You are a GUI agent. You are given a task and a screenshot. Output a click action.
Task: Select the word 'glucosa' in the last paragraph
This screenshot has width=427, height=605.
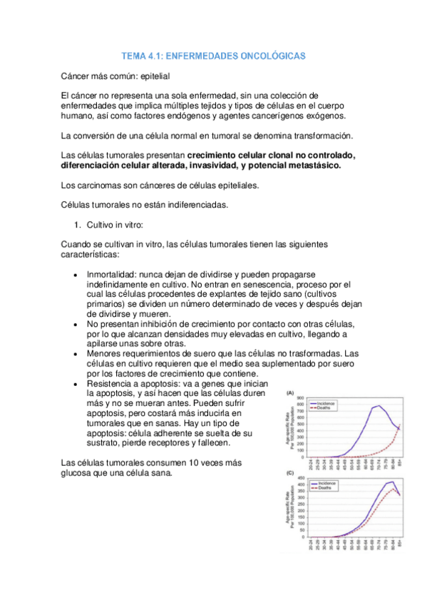pos(80,472)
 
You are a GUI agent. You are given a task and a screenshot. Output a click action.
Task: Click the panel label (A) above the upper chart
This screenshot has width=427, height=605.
pos(291,393)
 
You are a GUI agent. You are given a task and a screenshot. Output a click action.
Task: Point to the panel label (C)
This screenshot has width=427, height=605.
pos(291,473)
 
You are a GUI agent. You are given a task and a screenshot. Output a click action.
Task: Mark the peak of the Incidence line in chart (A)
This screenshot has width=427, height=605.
pos(378,406)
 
